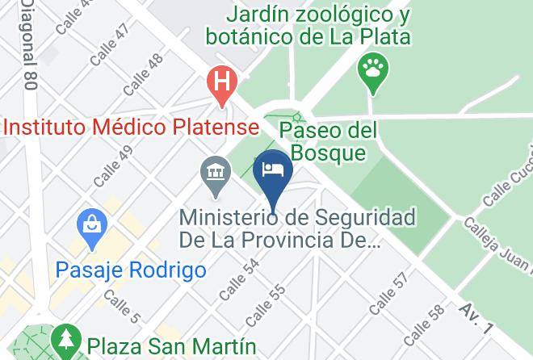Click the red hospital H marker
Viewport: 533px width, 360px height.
pos(220,82)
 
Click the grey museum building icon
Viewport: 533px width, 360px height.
pos(215,174)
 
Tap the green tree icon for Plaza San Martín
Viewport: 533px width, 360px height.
pos(64,341)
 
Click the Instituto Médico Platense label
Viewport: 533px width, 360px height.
pos(132,127)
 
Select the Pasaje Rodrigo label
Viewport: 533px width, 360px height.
pos(132,269)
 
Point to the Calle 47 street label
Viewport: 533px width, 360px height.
pos(110,42)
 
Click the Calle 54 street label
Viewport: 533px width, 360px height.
pos(240,275)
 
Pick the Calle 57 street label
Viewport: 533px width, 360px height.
pos(389,294)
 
